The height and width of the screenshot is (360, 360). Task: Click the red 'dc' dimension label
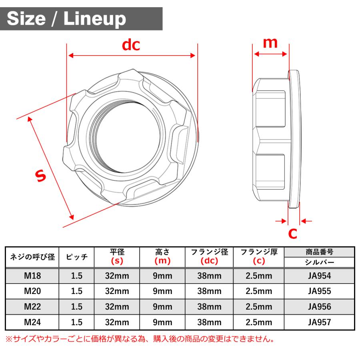[131, 45]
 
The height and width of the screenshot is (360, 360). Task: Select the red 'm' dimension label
[270, 42]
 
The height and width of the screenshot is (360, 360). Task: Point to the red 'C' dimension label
[293, 234]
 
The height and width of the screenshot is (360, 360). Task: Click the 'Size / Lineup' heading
[66, 19]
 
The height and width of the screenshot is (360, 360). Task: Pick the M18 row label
[32, 276]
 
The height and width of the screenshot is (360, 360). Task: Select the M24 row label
[32, 322]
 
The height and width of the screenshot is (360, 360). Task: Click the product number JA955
[319, 291]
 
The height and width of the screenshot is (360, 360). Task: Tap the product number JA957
[319, 322]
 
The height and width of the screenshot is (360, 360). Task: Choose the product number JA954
[319, 276]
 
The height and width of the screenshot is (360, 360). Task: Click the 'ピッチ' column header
[76, 257]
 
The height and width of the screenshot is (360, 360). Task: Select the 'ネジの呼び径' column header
[32, 257]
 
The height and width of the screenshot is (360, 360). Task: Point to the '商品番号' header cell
[319, 252]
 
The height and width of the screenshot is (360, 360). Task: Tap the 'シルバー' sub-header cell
[319, 262]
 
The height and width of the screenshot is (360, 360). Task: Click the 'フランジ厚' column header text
[259, 252]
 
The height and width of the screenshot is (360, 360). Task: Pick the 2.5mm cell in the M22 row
[259, 307]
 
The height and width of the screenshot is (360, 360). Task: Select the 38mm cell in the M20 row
[209, 291]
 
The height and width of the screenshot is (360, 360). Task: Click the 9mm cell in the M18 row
[162, 276]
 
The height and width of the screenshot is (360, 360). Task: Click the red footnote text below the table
[140, 339]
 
